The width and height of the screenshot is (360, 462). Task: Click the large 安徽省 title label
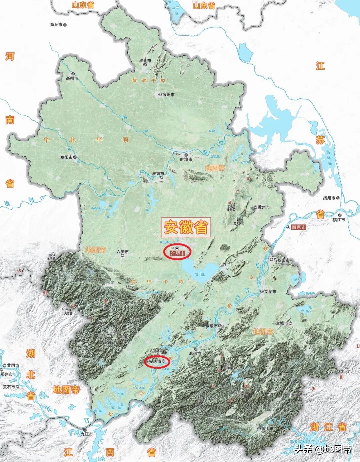point(186,227)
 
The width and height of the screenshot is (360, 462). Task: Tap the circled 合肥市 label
point(177,253)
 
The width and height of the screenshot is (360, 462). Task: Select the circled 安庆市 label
point(155,361)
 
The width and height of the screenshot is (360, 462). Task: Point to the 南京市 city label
point(298,227)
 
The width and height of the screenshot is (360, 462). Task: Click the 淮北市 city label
point(145,61)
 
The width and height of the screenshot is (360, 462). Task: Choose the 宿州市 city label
point(168,95)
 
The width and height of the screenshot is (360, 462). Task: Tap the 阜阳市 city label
point(66,157)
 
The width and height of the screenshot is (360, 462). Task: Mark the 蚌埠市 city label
point(186,159)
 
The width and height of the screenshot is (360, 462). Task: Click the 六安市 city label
point(122,252)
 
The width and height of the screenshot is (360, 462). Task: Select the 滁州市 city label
point(264,207)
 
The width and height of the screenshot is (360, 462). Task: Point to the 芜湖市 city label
point(270,291)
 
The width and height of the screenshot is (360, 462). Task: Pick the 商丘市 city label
point(56,25)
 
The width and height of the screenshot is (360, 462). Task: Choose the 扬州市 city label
point(329,198)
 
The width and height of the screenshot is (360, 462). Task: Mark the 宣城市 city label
point(282,323)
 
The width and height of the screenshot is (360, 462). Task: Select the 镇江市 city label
point(339,220)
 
